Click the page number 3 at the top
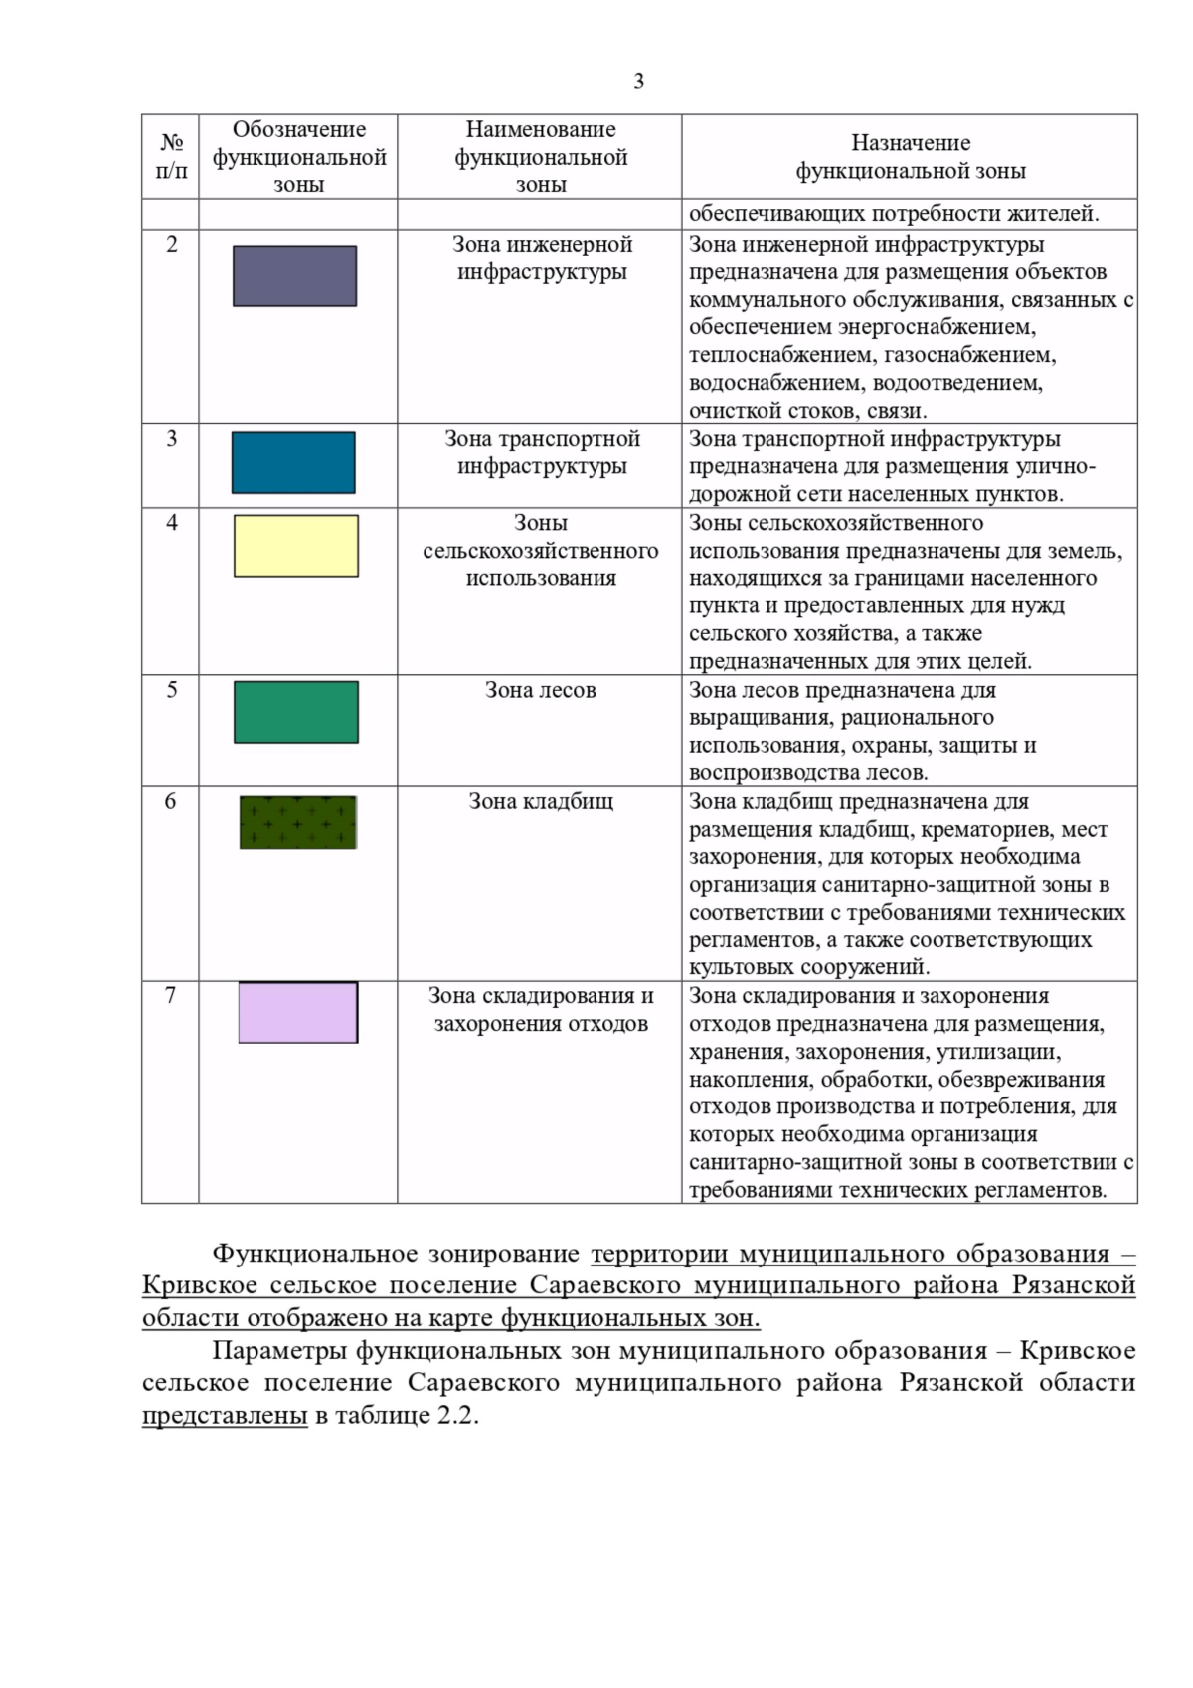pyautogui.click(x=638, y=82)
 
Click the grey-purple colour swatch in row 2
pyautogui.click(x=294, y=275)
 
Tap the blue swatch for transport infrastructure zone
pyautogui.click(x=293, y=462)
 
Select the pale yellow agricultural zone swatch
pyautogui.click(x=295, y=546)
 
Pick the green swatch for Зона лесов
pyautogui.click(x=295, y=712)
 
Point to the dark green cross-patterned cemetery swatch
pyautogui.click(x=297, y=822)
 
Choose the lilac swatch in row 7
pyautogui.click(x=297, y=1012)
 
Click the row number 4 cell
pyautogui.click(x=171, y=523)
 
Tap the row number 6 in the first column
pyautogui.click(x=171, y=801)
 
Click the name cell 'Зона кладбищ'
pyautogui.click(x=541, y=801)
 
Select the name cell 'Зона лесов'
pyautogui.click(x=541, y=690)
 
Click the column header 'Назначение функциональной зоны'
pyautogui.click(x=910, y=157)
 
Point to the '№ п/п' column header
pyautogui.click(x=171, y=157)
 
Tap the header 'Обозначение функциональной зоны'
pyautogui.click(x=298, y=157)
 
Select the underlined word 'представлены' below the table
pyautogui.click(x=225, y=1415)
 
